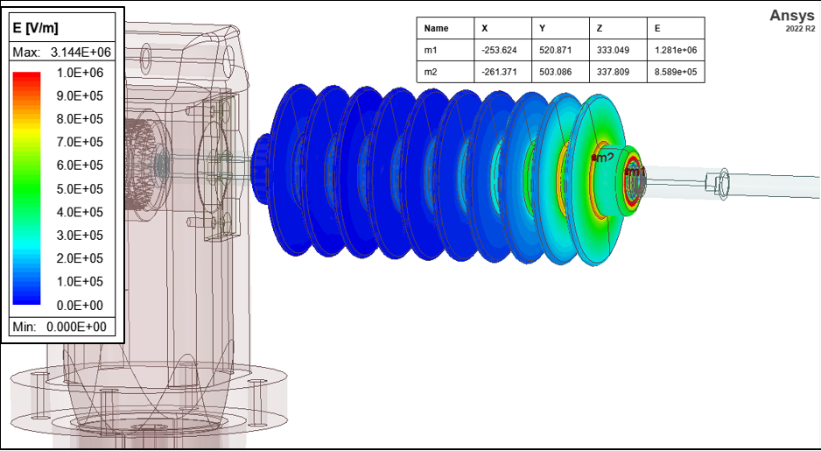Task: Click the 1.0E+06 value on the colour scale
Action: (81, 72)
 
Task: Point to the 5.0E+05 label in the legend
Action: (81, 188)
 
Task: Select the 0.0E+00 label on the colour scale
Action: (81, 305)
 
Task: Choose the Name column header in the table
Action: (436, 29)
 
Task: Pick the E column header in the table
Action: (657, 29)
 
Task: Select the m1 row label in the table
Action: (431, 50)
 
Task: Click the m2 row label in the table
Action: (431, 71)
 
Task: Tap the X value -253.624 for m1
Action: (500, 50)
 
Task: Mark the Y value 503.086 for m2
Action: (556, 71)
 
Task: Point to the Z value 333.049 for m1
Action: (614, 50)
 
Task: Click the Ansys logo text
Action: (791, 16)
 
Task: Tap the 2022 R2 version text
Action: (800, 29)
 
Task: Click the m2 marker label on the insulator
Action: (604, 158)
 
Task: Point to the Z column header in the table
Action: (600, 29)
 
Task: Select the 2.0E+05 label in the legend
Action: (81, 258)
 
